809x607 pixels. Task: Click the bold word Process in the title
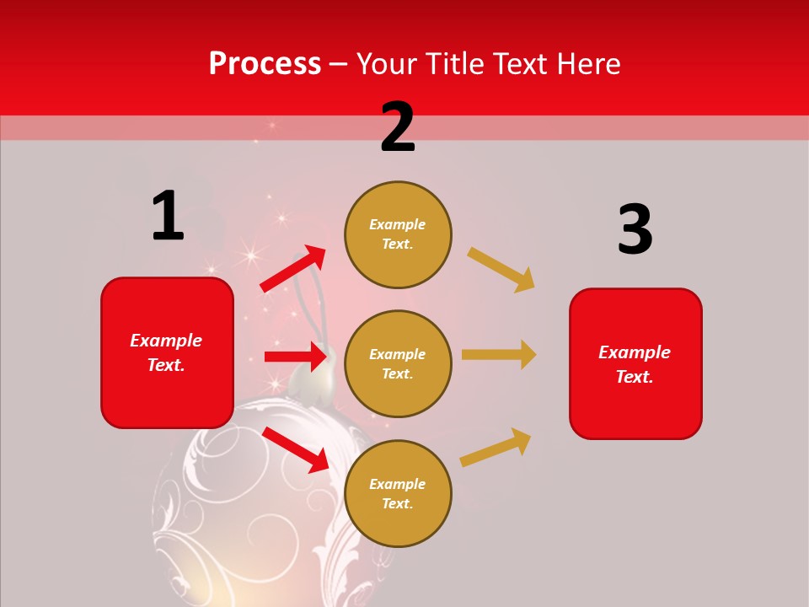(265, 64)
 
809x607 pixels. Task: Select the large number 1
(168, 216)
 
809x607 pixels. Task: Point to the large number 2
(398, 127)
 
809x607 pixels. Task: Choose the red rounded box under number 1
(167, 352)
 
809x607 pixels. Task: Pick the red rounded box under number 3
(635, 364)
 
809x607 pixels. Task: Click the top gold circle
(398, 234)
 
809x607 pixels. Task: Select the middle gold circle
(398, 363)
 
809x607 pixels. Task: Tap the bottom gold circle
(398, 493)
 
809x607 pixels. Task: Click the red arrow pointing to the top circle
(293, 268)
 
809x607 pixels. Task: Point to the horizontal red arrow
(295, 357)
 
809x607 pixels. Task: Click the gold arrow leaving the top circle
(501, 269)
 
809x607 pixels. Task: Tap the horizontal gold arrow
(499, 355)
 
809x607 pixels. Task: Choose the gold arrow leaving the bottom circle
(496, 447)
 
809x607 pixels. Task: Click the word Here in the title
(589, 64)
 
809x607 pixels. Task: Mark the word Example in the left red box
(166, 341)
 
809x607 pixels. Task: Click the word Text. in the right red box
(635, 377)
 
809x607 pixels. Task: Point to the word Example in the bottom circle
(398, 484)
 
